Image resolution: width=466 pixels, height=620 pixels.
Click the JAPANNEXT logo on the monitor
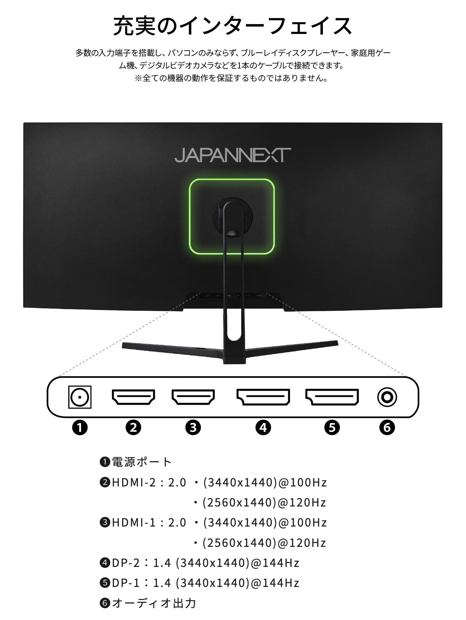[232, 155]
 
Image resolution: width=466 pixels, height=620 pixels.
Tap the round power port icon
[80, 397]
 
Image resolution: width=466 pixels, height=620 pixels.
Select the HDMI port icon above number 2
[133, 397]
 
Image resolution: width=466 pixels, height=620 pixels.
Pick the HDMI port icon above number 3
[193, 397]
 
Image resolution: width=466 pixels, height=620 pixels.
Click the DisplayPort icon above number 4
[263, 397]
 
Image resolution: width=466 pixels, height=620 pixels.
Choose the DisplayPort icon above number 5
[332, 397]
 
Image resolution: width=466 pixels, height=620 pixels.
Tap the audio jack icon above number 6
[387, 397]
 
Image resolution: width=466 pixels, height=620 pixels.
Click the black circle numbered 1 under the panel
[80, 428]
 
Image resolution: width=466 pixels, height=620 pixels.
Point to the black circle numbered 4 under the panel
[263, 428]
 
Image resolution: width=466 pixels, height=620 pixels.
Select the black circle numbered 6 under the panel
[387, 428]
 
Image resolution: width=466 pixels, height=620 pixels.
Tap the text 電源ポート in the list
[142, 462]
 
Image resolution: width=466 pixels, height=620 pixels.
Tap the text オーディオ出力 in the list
[154, 603]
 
